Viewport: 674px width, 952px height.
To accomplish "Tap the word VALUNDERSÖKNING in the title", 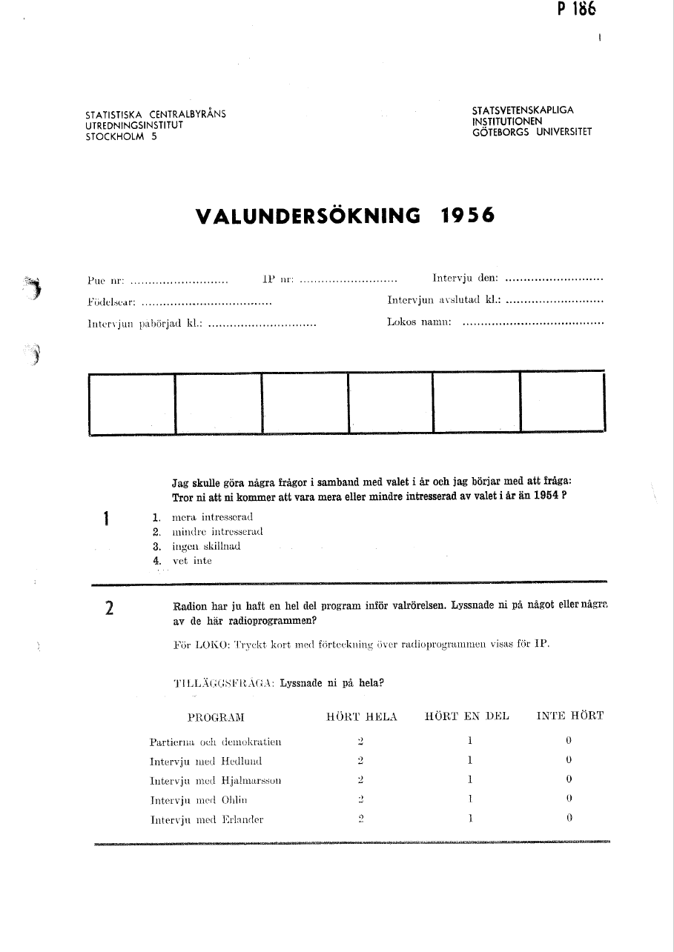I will tap(308, 216).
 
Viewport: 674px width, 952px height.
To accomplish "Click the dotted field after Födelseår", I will tap(206, 303).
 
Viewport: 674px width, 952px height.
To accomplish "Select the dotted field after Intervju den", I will tap(553, 280).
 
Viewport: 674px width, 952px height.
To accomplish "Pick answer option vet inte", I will tap(192, 561).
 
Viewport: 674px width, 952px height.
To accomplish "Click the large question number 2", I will tap(109, 610).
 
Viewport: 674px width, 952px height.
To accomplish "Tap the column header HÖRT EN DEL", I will tap(466, 716).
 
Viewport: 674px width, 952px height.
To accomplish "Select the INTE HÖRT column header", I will tap(569, 716).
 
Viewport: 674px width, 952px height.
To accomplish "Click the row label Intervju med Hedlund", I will tap(205, 761).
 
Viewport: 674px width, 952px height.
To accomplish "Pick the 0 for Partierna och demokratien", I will tap(568, 740).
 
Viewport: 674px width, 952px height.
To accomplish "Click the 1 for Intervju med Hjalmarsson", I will tap(470, 779).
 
